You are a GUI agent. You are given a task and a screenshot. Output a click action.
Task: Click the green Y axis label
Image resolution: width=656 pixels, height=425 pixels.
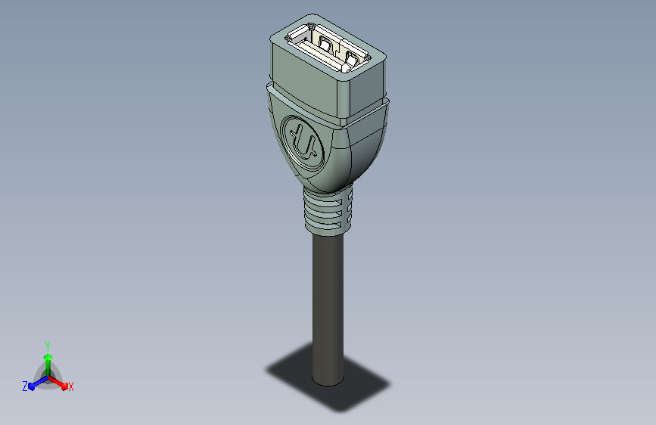point(48,346)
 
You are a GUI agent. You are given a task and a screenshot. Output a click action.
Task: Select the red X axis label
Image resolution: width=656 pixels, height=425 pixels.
point(70,387)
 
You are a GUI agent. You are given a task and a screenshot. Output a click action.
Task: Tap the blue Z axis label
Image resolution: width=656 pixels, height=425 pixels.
point(25,386)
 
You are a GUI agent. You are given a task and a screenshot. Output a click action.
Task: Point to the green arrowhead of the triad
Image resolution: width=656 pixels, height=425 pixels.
point(48,357)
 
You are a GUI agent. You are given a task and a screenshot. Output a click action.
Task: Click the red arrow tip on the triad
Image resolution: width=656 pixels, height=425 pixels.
point(64,386)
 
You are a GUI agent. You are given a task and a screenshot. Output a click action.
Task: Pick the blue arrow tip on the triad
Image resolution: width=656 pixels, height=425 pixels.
point(33,386)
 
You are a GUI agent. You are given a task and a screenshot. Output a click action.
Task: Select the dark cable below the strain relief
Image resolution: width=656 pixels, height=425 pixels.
point(328,309)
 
